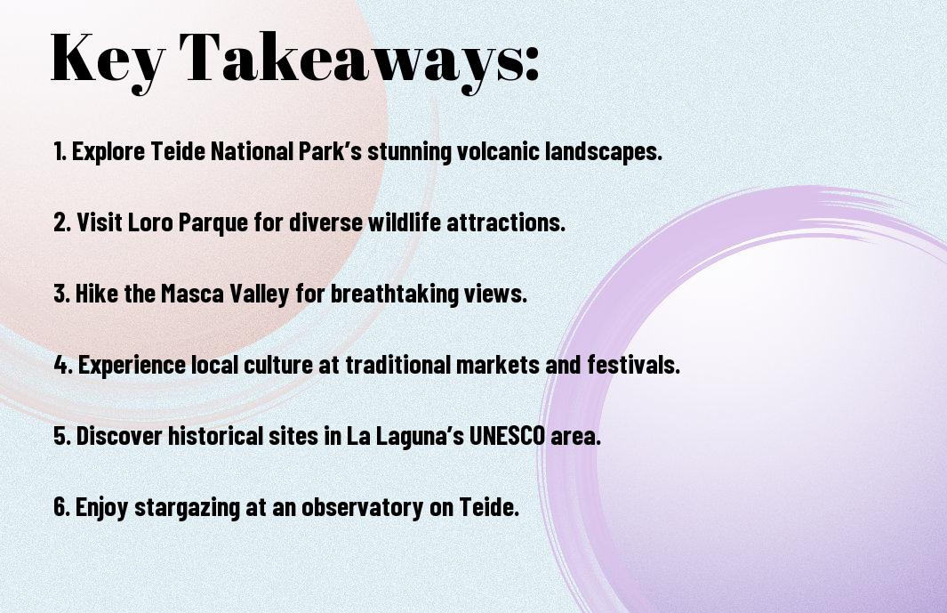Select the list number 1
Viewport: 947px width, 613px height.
coord(60,151)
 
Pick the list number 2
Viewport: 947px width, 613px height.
coord(61,222)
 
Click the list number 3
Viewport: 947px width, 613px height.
coord(61,294)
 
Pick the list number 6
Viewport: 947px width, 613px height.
coord(61,507)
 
